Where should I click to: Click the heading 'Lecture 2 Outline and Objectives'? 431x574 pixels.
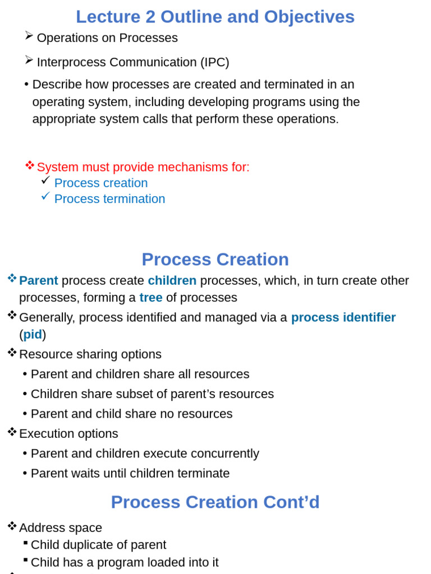tap(215, 17)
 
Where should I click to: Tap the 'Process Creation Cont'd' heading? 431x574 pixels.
tap(215, 502)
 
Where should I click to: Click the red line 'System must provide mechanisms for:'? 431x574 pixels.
tap(143, 167)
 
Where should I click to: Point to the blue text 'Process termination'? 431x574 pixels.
tap(109, 199)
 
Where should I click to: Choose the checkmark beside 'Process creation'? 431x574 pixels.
tap(45, 180)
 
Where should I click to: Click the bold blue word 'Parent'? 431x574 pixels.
tap(38, 281)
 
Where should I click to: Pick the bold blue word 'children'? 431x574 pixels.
tap(172, 281)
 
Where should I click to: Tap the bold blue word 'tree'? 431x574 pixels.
tap(151, 298)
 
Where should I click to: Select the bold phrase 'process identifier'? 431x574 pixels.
tap(343, 318)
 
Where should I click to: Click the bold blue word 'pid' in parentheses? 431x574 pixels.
tap(33, 335)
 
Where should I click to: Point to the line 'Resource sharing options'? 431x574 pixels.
tap(90, 354)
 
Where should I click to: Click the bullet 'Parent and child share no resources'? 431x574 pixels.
tap(131, 414)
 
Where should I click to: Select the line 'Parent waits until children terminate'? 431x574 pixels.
tap(130, 474)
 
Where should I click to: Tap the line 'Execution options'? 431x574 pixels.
tap(68, 434)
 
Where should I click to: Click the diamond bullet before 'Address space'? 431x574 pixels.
tap(12, 526)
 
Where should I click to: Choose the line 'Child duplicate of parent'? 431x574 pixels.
tap(98, 545)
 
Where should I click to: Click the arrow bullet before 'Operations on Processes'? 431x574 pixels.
tap(29, 35)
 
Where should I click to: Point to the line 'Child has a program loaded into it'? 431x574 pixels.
tap(125, 562)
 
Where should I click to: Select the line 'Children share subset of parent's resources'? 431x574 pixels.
tap(152, 394)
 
